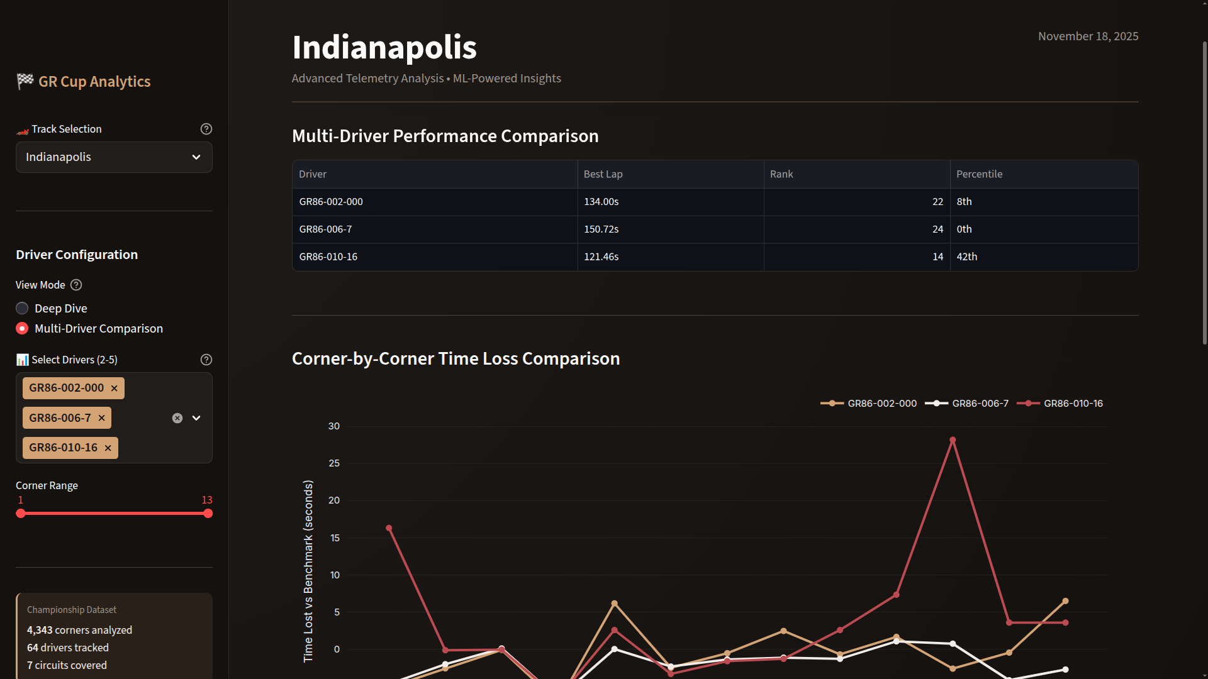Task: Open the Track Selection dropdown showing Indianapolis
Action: tap(114, 157)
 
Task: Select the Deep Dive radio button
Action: tap(22, 308)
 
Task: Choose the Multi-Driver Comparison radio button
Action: tap(22, 328)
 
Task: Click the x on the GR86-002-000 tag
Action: tap(114, 389)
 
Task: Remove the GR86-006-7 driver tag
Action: tap(101, 418)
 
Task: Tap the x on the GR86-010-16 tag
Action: tap(108, 448)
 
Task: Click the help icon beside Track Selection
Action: tap(206, 129)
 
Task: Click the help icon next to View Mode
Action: tap(76, 285)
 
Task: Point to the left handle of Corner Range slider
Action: tap(21, 514)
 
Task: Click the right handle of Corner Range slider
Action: tap(208, 514)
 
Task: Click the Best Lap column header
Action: tap(603, 174)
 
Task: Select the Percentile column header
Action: tap(979, 174)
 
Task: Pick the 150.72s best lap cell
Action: tap(601, 229)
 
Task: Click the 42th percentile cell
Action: tap(966, 257)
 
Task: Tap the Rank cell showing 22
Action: tap(937, 202)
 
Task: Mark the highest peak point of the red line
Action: tap(953, 440)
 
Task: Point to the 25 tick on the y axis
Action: tap(334, 463)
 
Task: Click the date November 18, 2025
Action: tap(1088, 36)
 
